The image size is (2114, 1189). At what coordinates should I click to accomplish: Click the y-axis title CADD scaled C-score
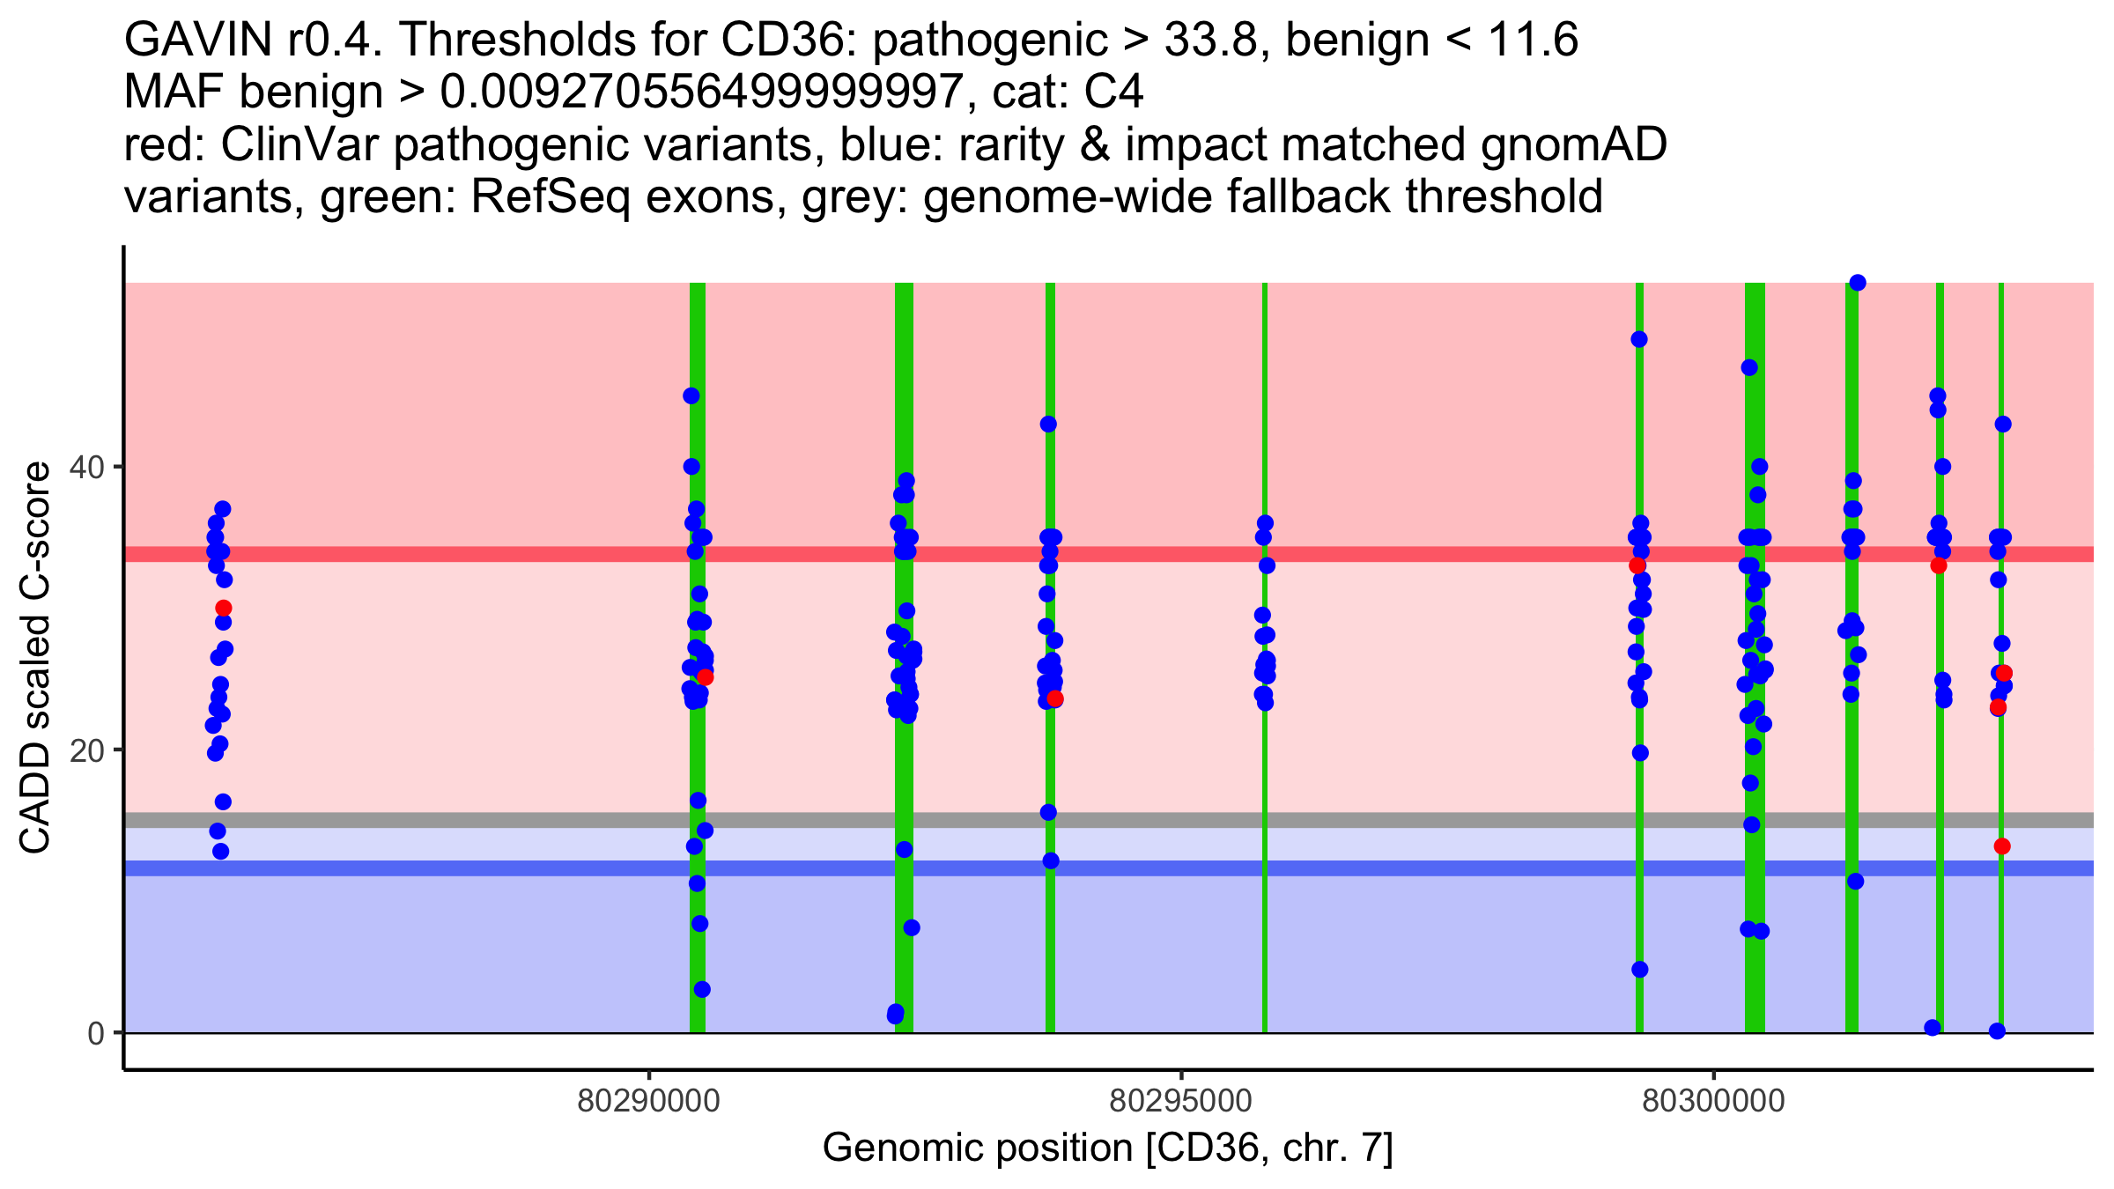(35, 658)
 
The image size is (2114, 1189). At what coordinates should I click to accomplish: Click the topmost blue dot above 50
(1858, 283)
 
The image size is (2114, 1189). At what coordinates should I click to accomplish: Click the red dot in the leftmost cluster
(224, 609)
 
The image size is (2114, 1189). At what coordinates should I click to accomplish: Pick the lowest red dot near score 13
(2002, 846)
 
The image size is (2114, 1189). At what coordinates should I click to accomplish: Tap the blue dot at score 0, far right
(1997, 1031)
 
